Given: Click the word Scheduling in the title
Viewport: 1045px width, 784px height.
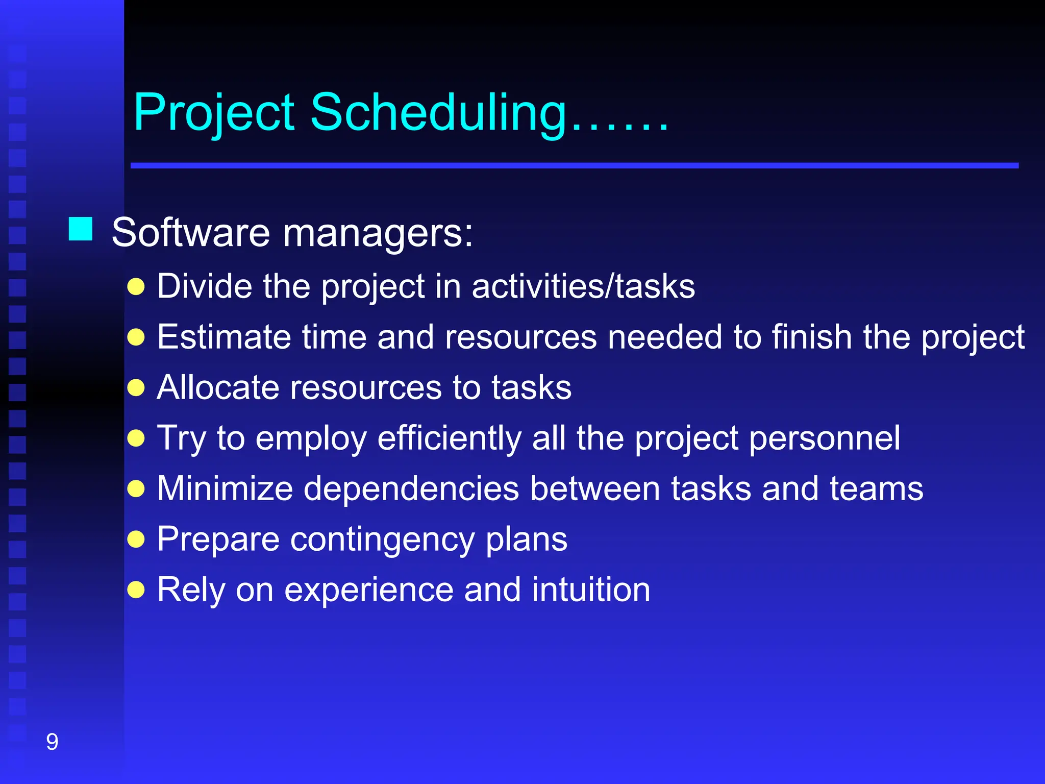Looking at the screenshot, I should coord(439,112).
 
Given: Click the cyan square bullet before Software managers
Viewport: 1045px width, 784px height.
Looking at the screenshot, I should coord(81,229).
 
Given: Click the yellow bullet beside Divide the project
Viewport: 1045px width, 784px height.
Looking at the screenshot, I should coord(136,287).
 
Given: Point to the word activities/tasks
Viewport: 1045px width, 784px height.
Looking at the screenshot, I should coord(583,287).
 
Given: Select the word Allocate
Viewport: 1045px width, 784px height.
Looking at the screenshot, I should coord(217,387).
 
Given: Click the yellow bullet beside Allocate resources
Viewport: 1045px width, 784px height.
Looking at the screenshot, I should coord(136,388).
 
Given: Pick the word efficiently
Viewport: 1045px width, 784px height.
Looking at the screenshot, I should coord(449,438).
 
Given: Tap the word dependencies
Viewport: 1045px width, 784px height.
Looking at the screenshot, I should coord(411,488).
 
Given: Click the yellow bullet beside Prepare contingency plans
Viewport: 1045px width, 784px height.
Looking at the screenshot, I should coord(136,539).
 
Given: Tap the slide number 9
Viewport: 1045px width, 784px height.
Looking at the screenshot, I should coord(52,742).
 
